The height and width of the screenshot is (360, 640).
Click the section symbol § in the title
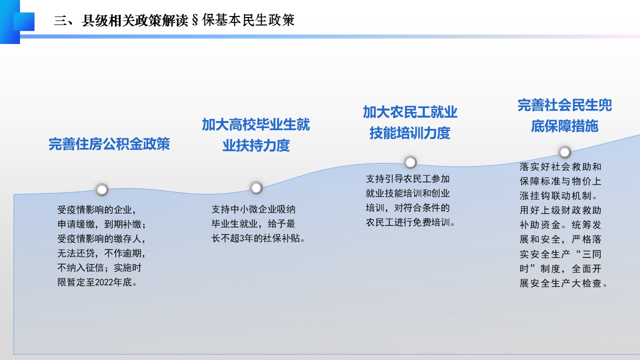[195, 20]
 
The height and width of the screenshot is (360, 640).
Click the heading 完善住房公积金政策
[109, 143]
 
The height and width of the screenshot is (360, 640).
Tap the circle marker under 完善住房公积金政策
[101, 189]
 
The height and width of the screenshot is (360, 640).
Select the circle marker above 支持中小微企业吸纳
[256, 187]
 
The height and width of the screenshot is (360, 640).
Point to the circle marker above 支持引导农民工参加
[410, 162]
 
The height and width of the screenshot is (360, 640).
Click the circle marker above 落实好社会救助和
[564, 152]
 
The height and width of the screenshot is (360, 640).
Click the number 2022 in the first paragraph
[104, 282]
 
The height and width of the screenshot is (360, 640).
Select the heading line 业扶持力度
[256, 145]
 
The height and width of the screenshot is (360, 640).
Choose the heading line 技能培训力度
[410, 133]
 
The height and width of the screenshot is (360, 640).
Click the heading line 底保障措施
[564, 126]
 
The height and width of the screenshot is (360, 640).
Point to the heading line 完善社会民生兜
[564, 105]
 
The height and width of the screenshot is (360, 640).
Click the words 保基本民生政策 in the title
[248, 20]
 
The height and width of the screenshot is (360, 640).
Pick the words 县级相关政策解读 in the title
[135, 20]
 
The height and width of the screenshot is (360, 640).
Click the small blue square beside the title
[24, 21]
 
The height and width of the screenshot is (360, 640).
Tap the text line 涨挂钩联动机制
[555, 195]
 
